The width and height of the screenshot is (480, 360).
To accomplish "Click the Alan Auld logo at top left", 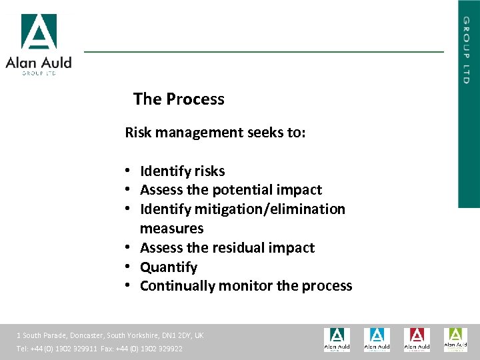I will [39, 45].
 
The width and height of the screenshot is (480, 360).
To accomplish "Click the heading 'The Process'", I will [179, 99].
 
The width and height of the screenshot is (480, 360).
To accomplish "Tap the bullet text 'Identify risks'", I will [182, 171].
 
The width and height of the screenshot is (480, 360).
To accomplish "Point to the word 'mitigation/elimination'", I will [270, 209].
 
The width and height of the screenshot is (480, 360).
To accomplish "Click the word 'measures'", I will [171, 229].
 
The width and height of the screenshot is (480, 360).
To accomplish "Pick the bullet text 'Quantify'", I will [169, 267].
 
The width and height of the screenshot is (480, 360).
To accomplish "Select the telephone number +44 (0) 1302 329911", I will [65, 349].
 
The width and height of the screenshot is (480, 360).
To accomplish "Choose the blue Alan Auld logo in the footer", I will [377, 339].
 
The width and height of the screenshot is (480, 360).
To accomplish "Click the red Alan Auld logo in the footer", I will [416, 339].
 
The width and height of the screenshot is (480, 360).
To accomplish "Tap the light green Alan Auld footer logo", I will [455, 339].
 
